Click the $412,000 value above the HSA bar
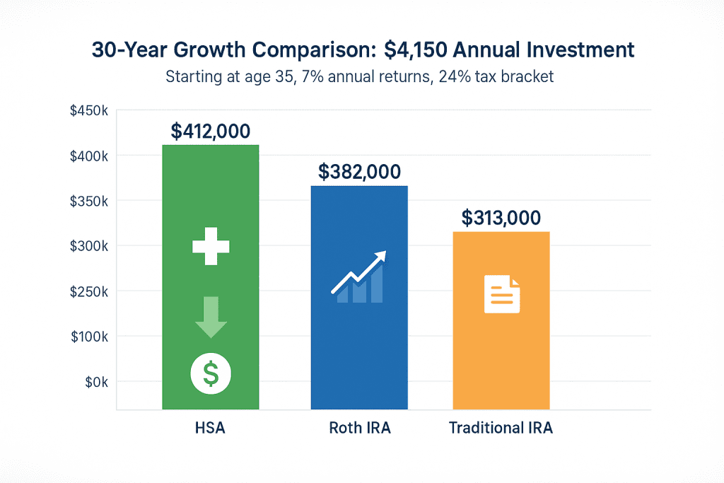(x=211, y=131)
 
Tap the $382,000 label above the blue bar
(x=359, y=171)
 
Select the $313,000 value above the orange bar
(x=501, y=218)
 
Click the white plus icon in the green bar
(x=211, y=247)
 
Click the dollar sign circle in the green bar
(x=211, y=372)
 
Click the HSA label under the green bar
(x=211, y=428)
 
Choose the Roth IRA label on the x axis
(x=359, y=428)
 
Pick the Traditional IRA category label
(x=501, y=428)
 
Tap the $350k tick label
(x=88, y=201)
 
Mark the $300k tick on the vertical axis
(x=88, y=246)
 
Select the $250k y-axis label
(x=88, y=291)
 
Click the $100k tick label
(x=88, y=337)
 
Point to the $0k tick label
(x=92, y=382)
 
